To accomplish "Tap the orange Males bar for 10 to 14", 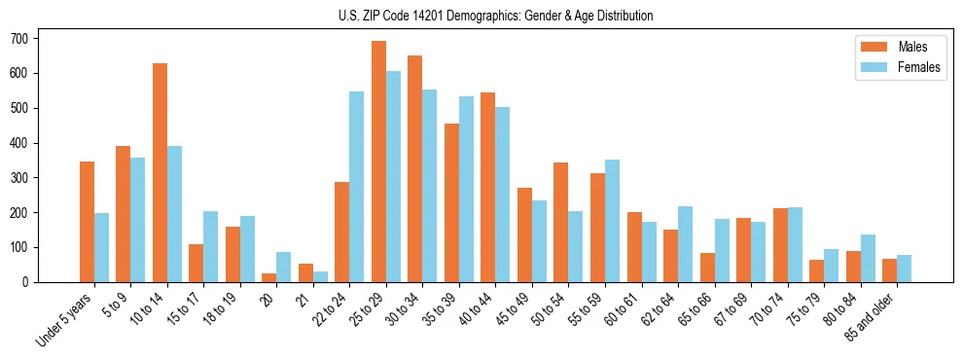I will [160, 172].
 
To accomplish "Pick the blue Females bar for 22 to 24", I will [357, 187].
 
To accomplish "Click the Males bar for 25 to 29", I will [378, 162].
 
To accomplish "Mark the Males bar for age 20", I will [269, 277].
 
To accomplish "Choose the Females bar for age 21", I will [320, 276].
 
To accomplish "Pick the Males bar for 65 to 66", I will [707, 268].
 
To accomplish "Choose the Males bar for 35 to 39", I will [451, 202].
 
